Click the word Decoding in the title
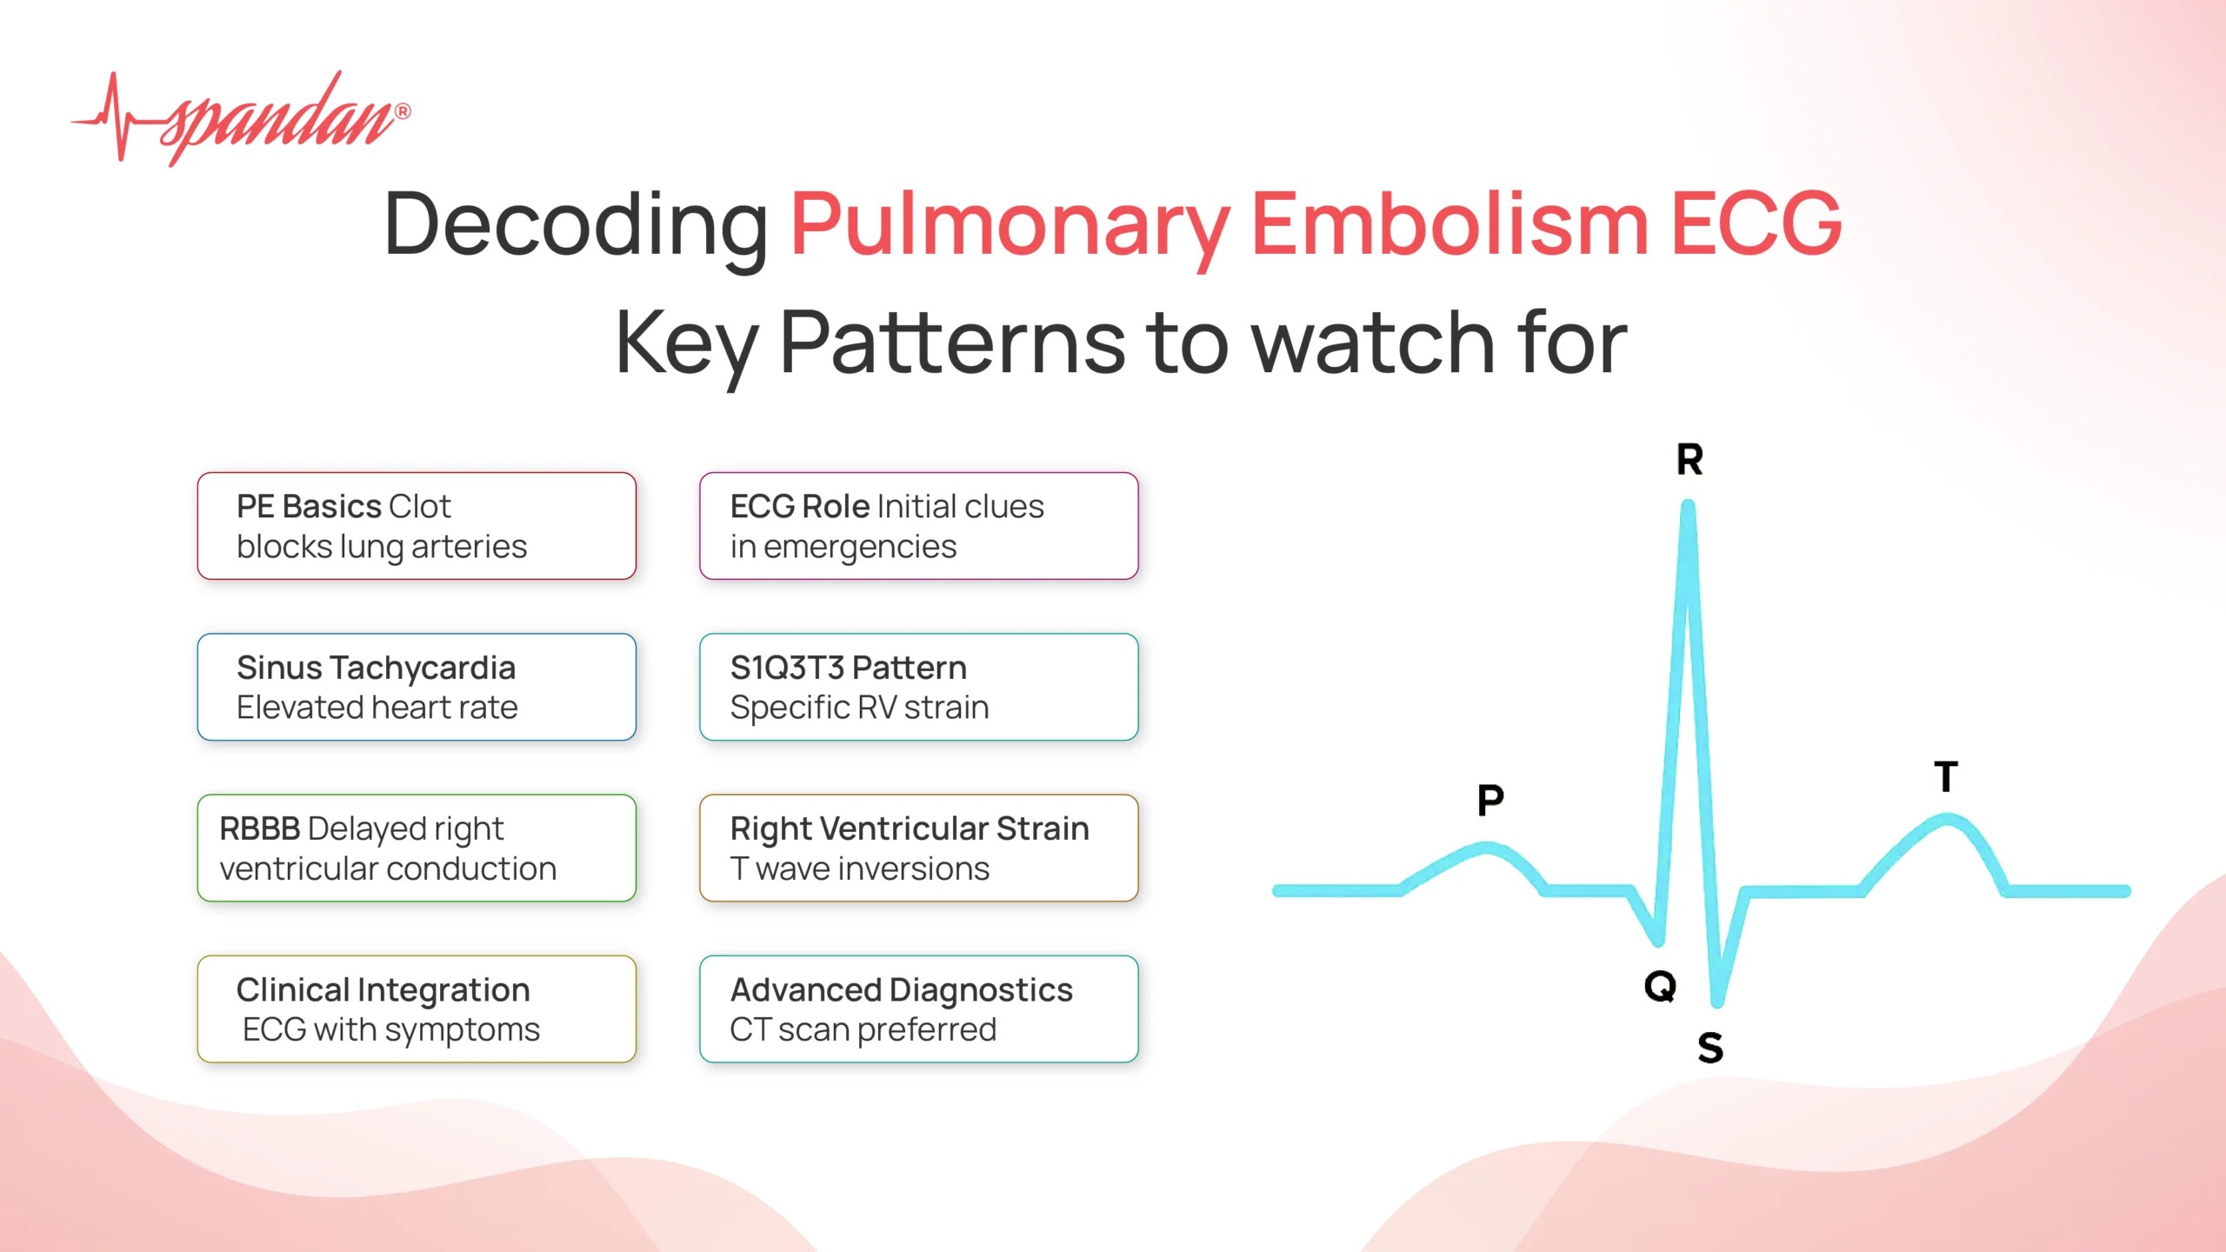(576, 224)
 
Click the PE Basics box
(417, 526)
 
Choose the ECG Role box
(918, 526)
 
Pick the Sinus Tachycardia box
(417, 687)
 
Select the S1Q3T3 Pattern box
(918, 687)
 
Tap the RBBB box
(417, 848)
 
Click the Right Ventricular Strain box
(918, 848)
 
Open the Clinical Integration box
(417, 1009)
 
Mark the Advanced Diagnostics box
(918, 1009)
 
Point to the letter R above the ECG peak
(1689, 460)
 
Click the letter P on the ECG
(1490, 800)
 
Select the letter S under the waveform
(1710, 1048)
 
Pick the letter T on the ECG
(1946, 776)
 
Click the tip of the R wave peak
(1688, 506)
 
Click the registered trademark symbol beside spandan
(403, 111)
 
